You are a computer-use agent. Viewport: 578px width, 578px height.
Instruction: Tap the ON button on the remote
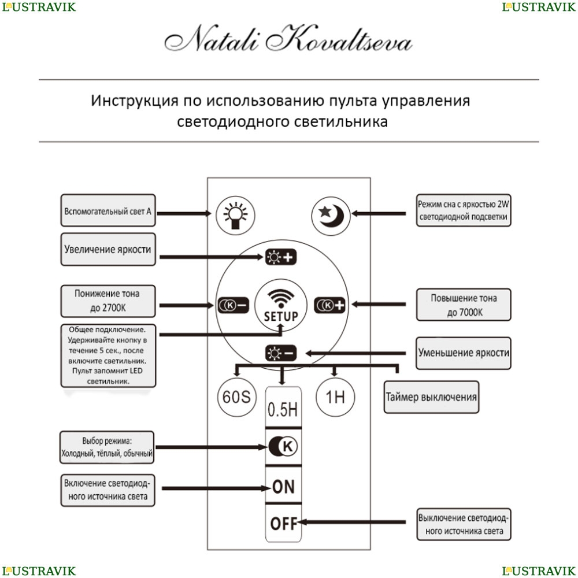pyautogui.click(x=283, y=486)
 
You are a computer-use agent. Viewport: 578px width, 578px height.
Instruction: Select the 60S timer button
pyautogui.click(x=236, y=398)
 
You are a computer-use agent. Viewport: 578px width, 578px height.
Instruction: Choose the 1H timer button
pyautogui.click(x=335, y=398)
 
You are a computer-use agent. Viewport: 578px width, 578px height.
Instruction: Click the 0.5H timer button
pyautogui.click(x=283, y=410)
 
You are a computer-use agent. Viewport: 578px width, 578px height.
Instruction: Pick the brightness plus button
pyautogui.click(x=280, y=257)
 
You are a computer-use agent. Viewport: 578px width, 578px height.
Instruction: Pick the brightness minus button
pyautogui.click(x=280, y=352)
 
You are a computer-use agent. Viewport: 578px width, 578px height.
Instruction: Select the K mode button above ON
pyautogui.click(x=283, y=446)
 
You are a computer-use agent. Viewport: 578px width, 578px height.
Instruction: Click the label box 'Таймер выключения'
pyautogui.click(x=431, y=397)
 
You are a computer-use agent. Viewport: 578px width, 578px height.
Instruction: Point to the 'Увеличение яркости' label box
pyautogui.click(x=108, y=250)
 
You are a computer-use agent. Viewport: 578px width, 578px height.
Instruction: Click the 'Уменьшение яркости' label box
pyautogui.click(x=464, y=353)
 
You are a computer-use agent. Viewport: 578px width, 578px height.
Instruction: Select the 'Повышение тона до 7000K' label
pyautogui.click(x=464, y=305)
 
